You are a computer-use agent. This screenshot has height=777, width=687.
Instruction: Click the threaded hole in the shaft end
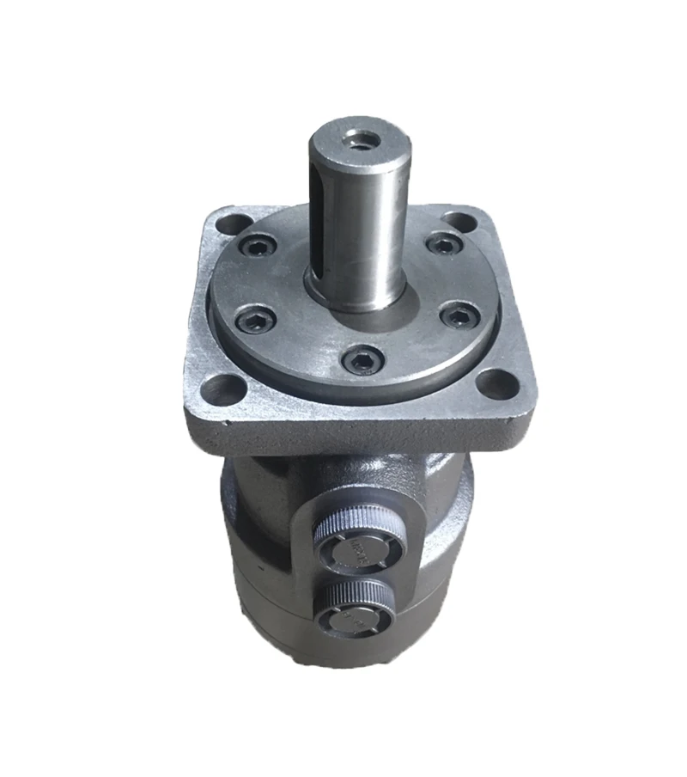(x=355, y=138)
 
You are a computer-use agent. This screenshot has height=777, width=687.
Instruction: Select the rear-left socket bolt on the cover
(x=257, y=250)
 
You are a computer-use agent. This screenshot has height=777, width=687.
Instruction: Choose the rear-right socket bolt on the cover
(x=442, y=244)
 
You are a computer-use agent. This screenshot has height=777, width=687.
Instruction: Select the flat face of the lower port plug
(x=354, y=621)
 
